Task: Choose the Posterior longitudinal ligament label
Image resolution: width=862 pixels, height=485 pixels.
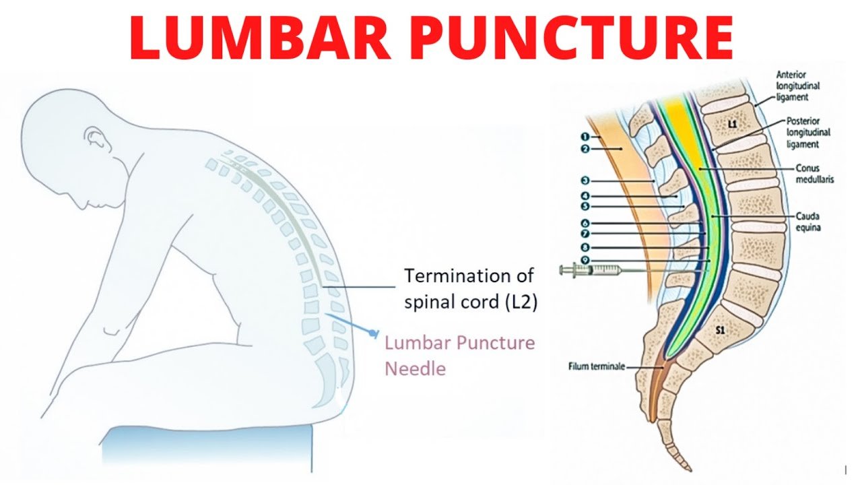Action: tap(803, 132)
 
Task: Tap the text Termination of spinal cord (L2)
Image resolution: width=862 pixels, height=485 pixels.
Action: tap(469, 288)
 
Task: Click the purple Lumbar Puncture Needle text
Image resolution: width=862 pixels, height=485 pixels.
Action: tap(459, 356)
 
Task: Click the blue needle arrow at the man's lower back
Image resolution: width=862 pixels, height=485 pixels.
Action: tap(372, 332)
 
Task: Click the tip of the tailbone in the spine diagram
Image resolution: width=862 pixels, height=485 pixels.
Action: tap(687, 467)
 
